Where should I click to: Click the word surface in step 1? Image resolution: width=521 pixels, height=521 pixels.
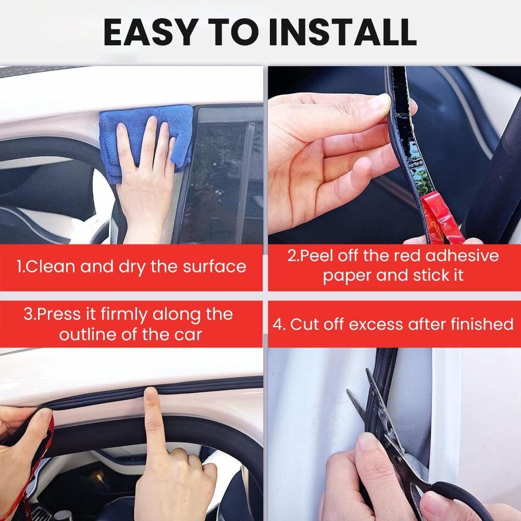click(214, 267)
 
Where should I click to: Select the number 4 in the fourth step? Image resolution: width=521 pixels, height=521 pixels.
click(279, 324)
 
